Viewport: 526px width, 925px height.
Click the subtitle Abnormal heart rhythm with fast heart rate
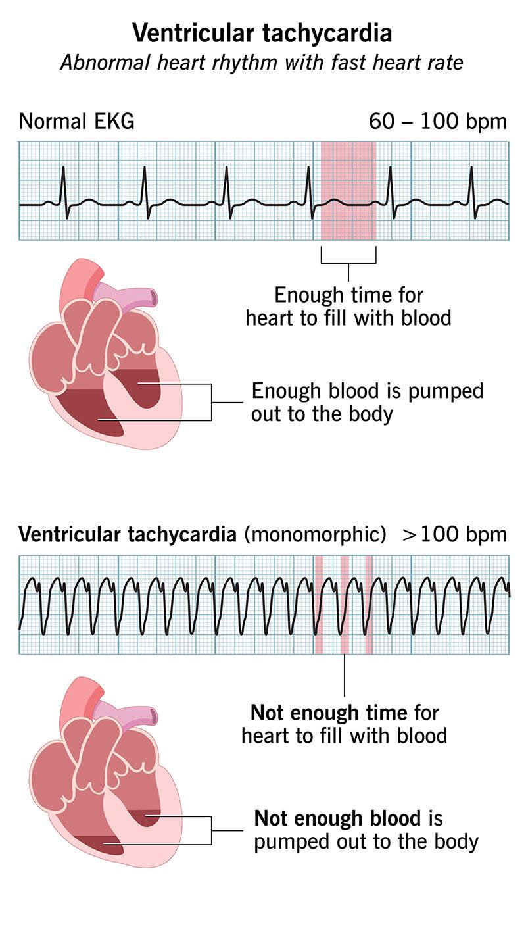click(262, 63)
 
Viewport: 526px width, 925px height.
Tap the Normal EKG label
click(76, 122)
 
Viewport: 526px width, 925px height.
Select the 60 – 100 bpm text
click(438, 122)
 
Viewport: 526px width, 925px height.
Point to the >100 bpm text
click(455, 534)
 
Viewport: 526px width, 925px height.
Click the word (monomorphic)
click(315, 534)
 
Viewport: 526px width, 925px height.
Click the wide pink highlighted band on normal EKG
click(348, 191)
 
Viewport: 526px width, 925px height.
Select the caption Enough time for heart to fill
click(348, 306)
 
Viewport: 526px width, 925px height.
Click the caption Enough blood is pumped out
click(367, 402)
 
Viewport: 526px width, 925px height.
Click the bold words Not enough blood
click(337, 818)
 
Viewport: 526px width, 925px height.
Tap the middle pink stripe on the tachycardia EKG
click(345, 604)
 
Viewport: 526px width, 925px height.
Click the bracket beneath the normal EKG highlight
click(348, 261)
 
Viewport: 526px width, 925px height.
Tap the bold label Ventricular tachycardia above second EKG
click(128, 534)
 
